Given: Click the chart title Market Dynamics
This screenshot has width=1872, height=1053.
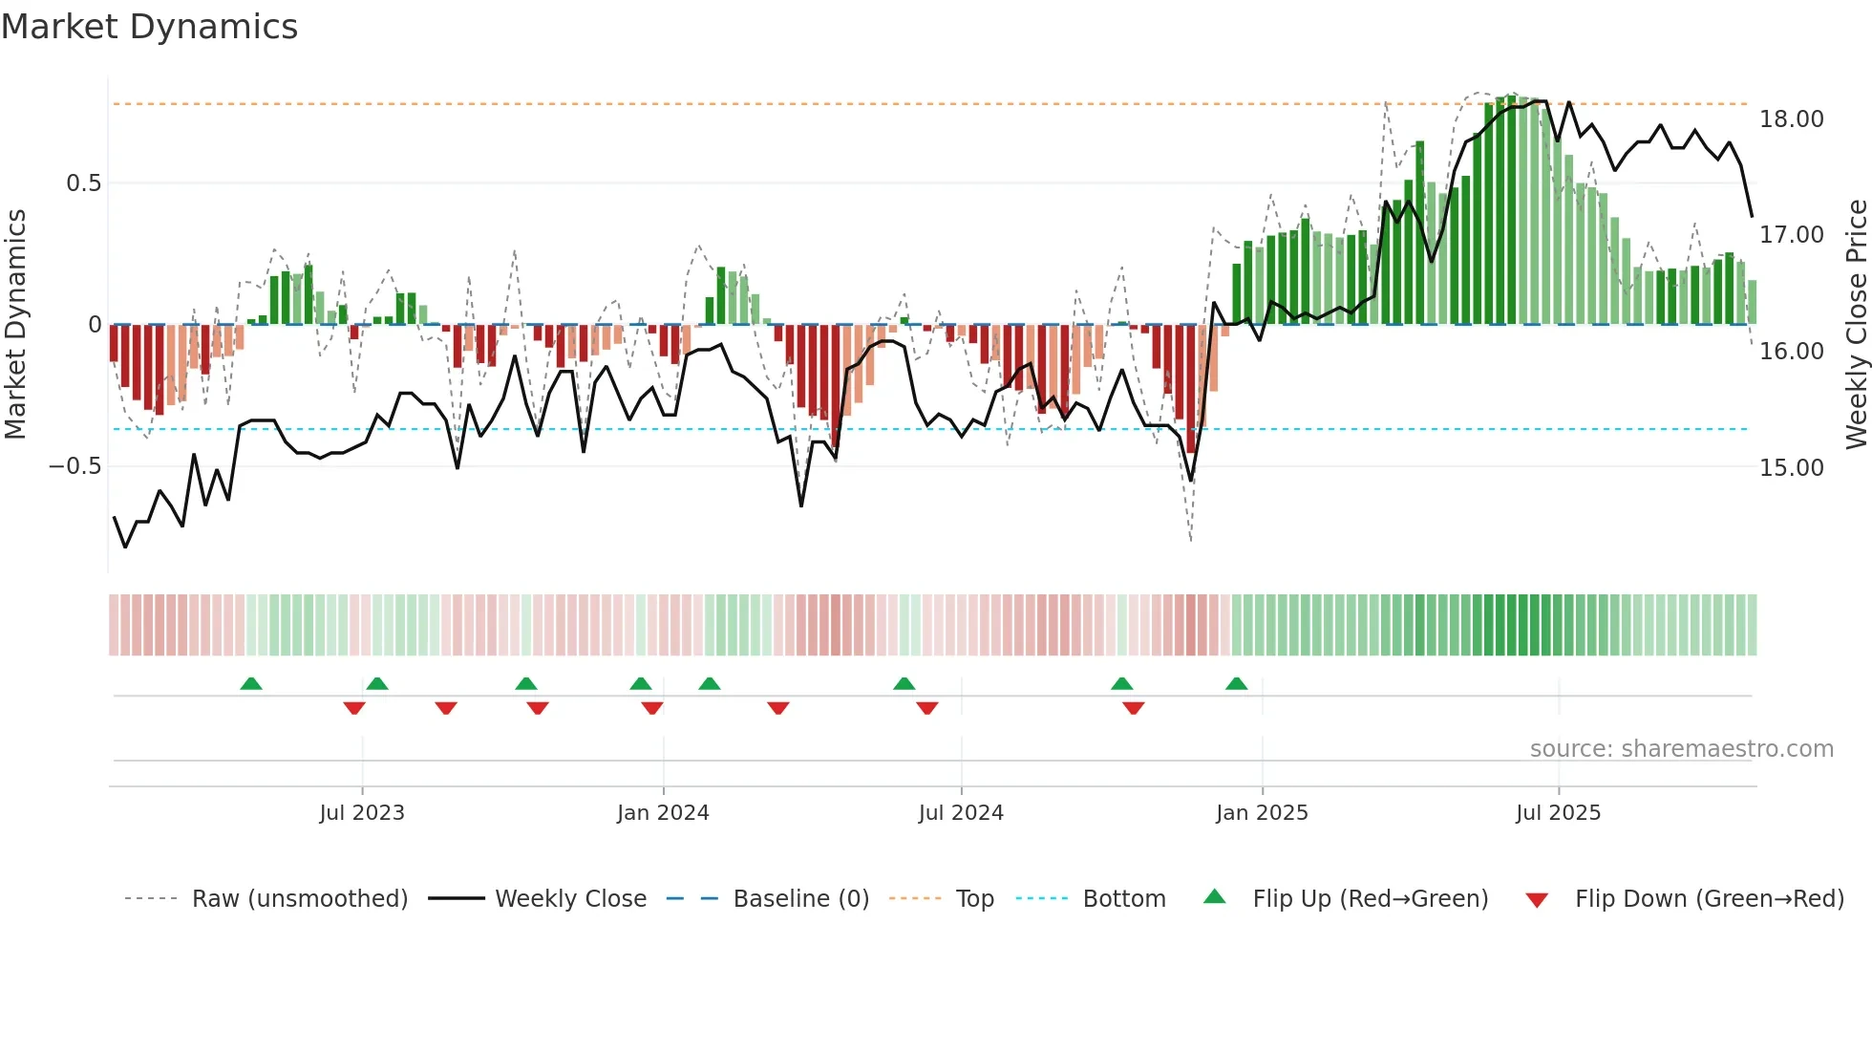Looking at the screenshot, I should coord(150,27).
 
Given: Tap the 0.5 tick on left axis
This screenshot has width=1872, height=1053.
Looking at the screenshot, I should coord(83,183).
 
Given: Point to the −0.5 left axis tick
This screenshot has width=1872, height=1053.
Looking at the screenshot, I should coord(74,466).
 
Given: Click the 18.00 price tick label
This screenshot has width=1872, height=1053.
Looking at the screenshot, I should coord(1792,119).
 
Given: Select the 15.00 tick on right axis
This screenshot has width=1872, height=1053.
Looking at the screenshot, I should coord(1792,468).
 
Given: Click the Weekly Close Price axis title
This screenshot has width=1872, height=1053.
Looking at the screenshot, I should coord(1856,324).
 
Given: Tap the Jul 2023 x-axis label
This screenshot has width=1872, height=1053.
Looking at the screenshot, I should coord(362,813).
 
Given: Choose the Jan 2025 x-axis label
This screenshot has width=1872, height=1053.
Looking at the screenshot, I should coord(1262,813).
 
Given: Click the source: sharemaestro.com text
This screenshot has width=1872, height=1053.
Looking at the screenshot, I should coord(1681,749).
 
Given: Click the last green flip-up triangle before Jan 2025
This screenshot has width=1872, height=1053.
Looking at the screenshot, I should coord(1236,683).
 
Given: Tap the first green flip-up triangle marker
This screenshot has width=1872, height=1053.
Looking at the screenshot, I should coord(251,683).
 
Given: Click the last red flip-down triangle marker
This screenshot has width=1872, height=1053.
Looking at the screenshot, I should coord(1134,708).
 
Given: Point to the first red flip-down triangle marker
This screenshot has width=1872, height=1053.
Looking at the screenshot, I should coord(354,708).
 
